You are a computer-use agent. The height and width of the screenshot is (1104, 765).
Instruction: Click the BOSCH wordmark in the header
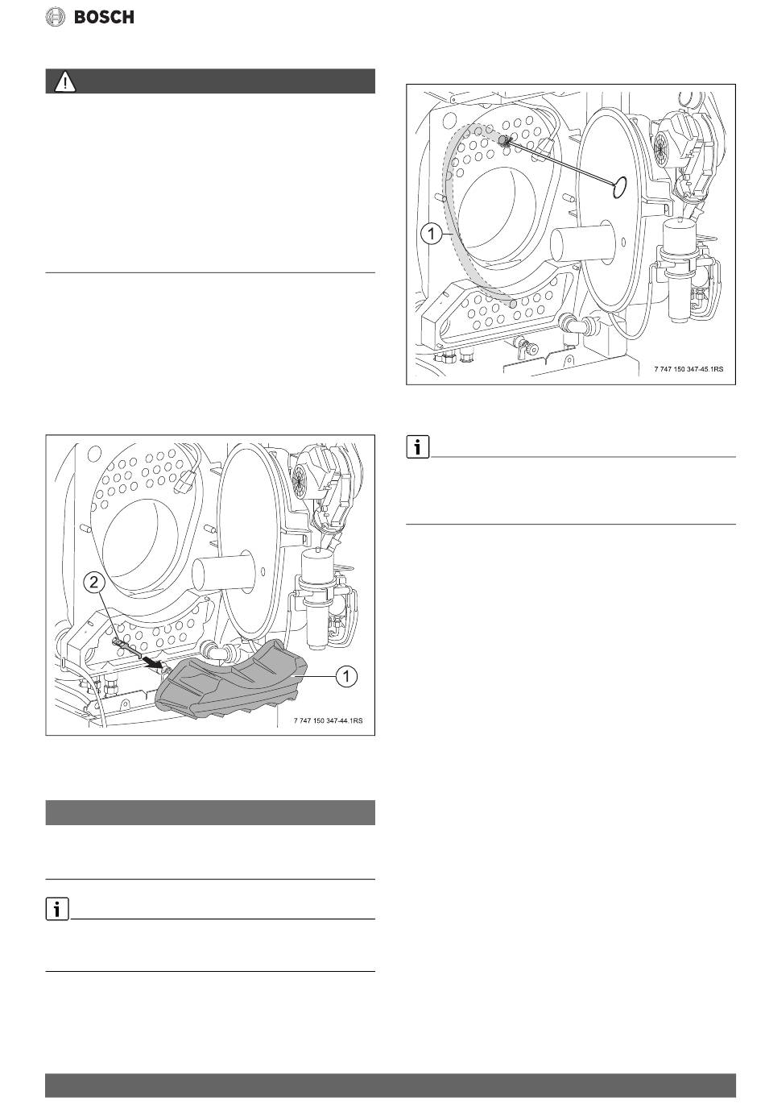(104, 17)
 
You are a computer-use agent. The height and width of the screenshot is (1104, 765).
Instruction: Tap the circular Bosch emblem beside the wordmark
(56, 17)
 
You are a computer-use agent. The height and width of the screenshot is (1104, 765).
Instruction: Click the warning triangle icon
(65, 82)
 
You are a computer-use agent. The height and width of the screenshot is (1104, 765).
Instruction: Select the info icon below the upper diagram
(418, 447)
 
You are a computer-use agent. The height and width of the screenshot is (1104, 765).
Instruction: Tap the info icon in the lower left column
(57, 909)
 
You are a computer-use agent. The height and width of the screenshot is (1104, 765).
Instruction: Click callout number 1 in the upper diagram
(432, 234)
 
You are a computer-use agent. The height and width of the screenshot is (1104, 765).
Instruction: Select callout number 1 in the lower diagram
(346, 676)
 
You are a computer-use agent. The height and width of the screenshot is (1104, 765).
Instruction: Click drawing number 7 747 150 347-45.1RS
(688, 368)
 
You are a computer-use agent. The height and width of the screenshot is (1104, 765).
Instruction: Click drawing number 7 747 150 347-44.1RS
(328, 720)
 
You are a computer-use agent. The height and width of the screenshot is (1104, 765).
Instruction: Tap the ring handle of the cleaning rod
(619, 188)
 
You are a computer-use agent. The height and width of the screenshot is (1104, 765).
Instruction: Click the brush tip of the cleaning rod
(504, 142)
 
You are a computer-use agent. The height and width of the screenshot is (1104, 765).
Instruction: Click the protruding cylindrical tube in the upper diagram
(581, 244)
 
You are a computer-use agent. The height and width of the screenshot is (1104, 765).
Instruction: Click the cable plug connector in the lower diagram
(184, 481)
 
